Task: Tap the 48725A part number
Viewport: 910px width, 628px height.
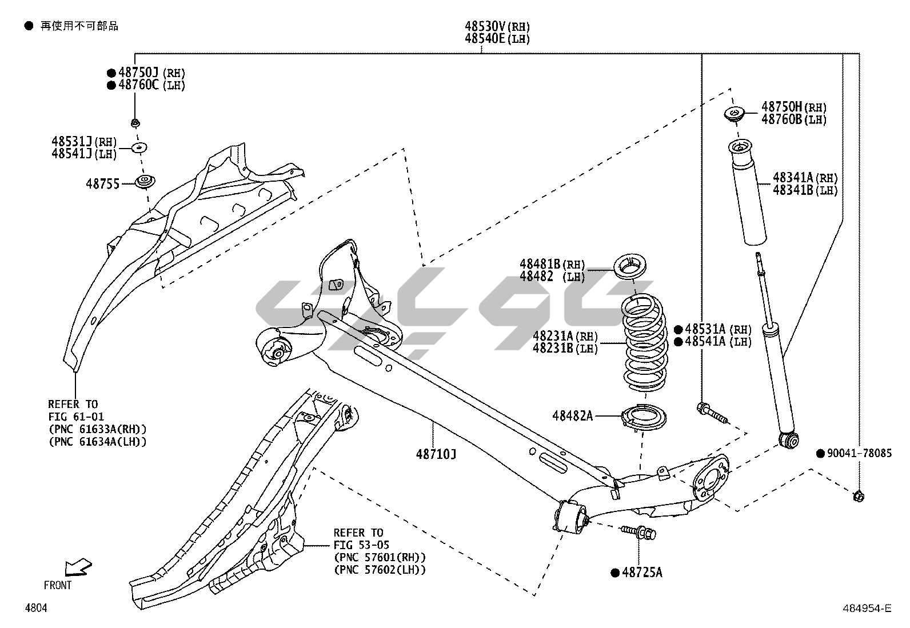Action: point(641,572)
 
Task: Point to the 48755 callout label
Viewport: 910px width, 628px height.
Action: point(102,184)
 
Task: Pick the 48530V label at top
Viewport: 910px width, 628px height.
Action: point(484,26)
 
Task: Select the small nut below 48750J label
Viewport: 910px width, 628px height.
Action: point(135,123)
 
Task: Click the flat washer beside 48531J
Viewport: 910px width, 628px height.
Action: point(139,147)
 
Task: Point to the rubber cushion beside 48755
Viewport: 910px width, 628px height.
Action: point(146,182)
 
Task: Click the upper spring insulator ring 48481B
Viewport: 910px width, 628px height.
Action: point(631,267)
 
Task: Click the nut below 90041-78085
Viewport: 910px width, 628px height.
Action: point(857,496)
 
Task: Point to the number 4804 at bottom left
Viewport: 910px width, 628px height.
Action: point(36,609)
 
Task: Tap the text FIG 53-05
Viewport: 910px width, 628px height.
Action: point(361,545)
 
